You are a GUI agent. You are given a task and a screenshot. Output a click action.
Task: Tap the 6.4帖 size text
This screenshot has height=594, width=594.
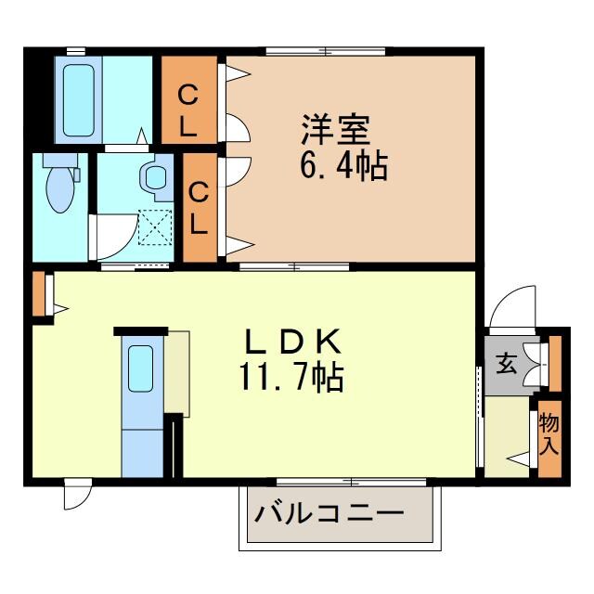(342, 166)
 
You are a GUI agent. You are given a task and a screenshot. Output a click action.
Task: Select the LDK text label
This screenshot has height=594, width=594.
(294, 343)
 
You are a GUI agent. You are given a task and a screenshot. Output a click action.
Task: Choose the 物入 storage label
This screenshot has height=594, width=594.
(549, 434)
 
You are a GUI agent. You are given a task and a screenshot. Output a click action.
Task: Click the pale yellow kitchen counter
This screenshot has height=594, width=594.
(175, 371)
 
